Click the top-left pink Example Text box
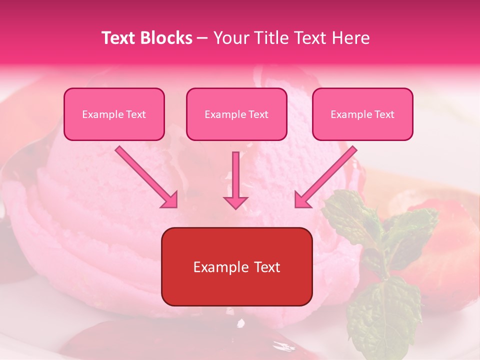114,114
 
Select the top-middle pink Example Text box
236,114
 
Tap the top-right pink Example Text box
362,114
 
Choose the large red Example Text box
237,267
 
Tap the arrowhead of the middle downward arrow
235,202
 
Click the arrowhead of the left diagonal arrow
170,200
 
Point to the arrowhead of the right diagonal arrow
302,200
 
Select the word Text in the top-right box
384,114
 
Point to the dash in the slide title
202,38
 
